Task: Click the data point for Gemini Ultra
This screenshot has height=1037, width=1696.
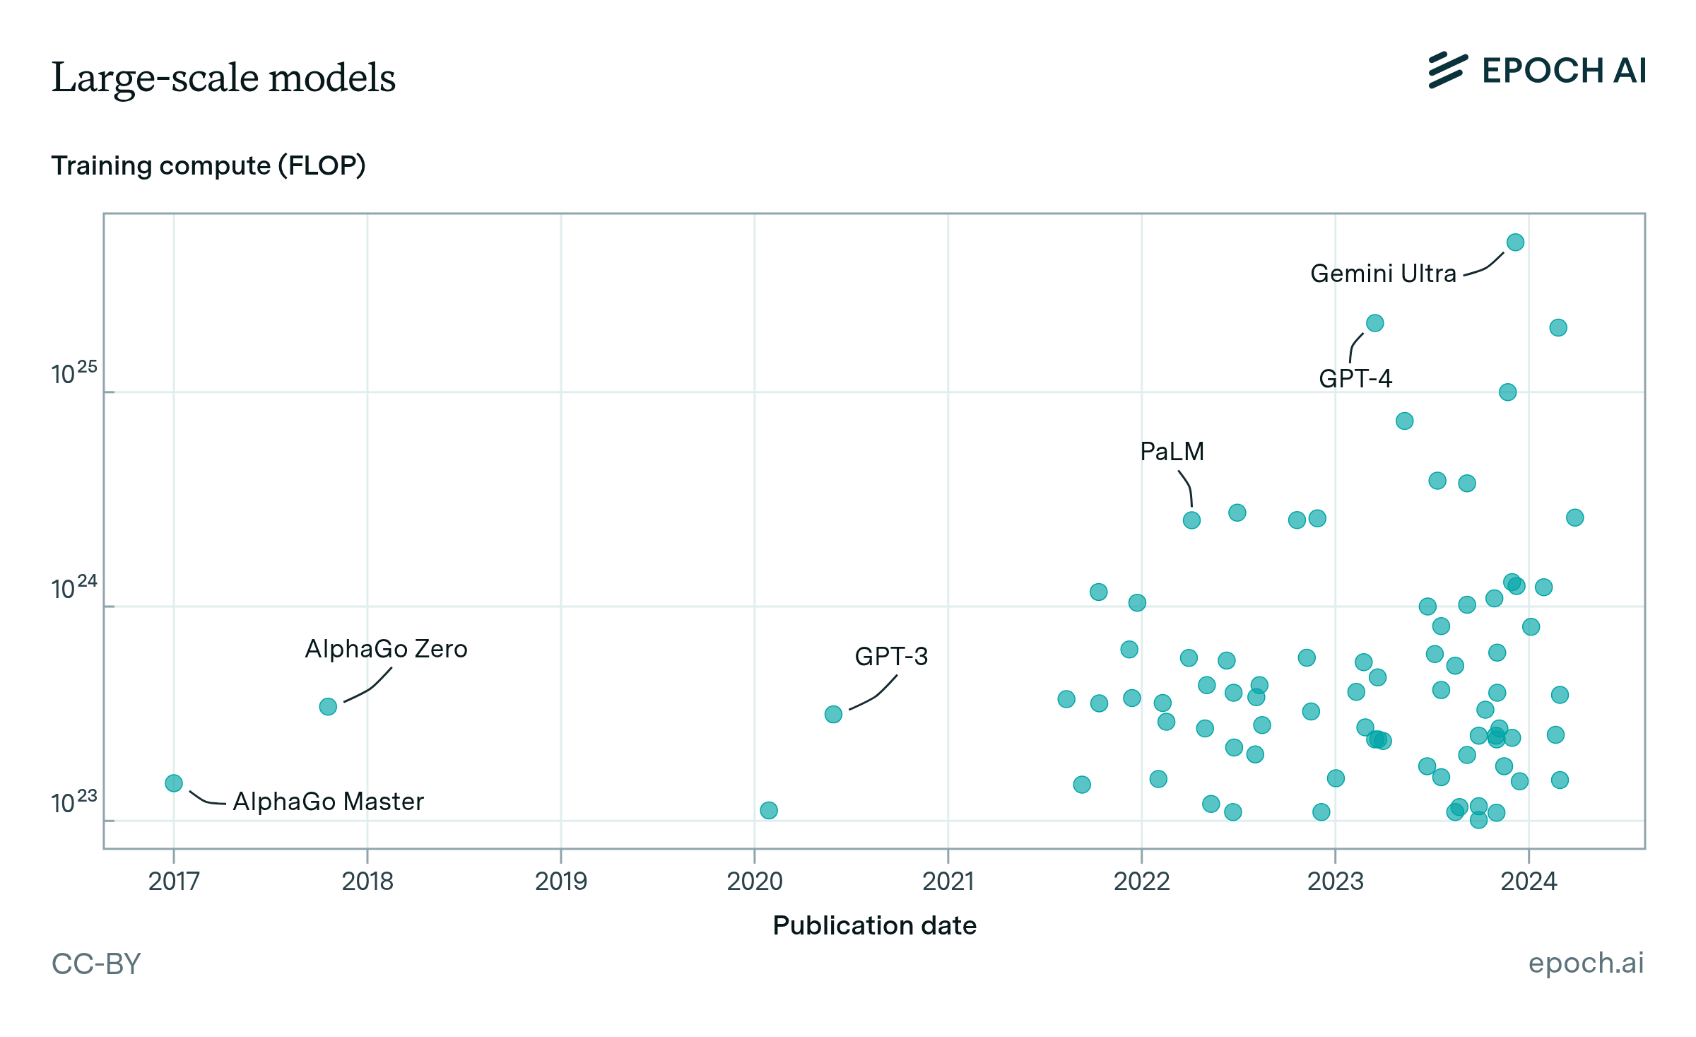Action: coord(1515,242)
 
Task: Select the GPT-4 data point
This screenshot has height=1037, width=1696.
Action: coord(1374,323)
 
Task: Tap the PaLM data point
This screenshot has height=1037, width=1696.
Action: coord(1191,520)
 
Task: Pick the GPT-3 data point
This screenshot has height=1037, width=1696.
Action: coord(833,714)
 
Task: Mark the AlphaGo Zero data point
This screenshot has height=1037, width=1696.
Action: coord(328,706)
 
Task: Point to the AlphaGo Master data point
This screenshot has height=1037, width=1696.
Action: coord(174,783)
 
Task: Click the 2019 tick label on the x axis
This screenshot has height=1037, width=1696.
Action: coord(560,881)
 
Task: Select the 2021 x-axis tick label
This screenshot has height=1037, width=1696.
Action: coord(948,881)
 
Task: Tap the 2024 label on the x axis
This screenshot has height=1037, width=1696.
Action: coord(1529,881)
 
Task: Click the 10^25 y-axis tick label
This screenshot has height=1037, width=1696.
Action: coord(73,373)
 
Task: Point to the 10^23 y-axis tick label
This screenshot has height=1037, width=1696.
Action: coord(73,802)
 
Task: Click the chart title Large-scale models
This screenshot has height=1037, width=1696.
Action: coord(223,77)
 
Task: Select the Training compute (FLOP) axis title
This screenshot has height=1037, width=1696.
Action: coord(208,165)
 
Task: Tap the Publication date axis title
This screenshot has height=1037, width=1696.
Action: coord(874,925)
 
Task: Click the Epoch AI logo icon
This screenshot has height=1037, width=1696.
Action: coord(1447,70)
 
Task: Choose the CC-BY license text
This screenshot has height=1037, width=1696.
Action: coord(96,963)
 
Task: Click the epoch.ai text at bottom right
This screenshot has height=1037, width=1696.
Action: coord(1586,963)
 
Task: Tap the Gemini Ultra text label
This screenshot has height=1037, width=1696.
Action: coord(1383,274)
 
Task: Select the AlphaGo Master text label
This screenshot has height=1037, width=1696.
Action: coord(328,802)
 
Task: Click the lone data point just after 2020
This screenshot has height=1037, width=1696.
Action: coord(769,810)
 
